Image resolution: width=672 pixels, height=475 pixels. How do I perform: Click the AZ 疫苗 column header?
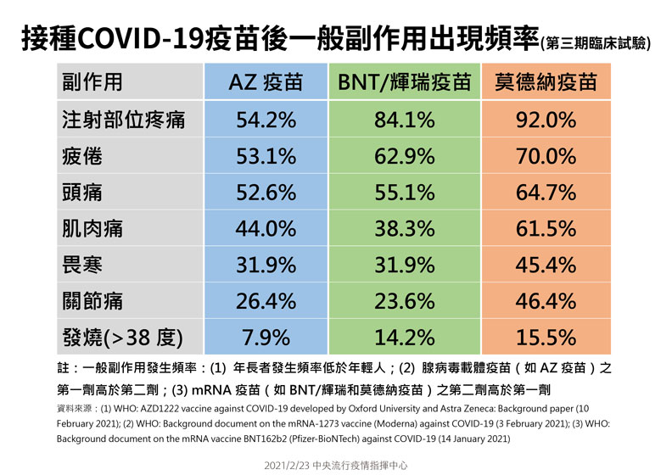(x=266, y=82)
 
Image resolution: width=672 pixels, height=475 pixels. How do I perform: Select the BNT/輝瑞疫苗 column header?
(x=404, y=82)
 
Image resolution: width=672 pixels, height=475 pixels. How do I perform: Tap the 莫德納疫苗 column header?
(x=546, y=82)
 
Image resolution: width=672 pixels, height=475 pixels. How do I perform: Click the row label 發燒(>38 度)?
(x=122, y=338)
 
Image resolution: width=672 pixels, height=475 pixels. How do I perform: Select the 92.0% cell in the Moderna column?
(x=546, y=120)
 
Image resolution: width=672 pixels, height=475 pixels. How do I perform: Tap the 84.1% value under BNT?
(x=404, y=120)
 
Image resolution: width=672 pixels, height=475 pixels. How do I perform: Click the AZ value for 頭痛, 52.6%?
(x=266, y=193)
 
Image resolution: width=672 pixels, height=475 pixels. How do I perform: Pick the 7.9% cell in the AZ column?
(x=266, y=338)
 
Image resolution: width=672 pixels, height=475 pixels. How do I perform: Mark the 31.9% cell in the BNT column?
(x=404, y=265)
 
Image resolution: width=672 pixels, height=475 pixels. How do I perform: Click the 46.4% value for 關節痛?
(x=546, y=301)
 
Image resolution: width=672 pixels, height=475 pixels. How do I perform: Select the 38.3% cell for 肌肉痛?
(x=404, y=229)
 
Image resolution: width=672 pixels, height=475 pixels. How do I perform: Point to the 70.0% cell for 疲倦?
(x=546, y=156)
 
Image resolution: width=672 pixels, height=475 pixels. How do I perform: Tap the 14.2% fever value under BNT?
(x=404, y=338)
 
